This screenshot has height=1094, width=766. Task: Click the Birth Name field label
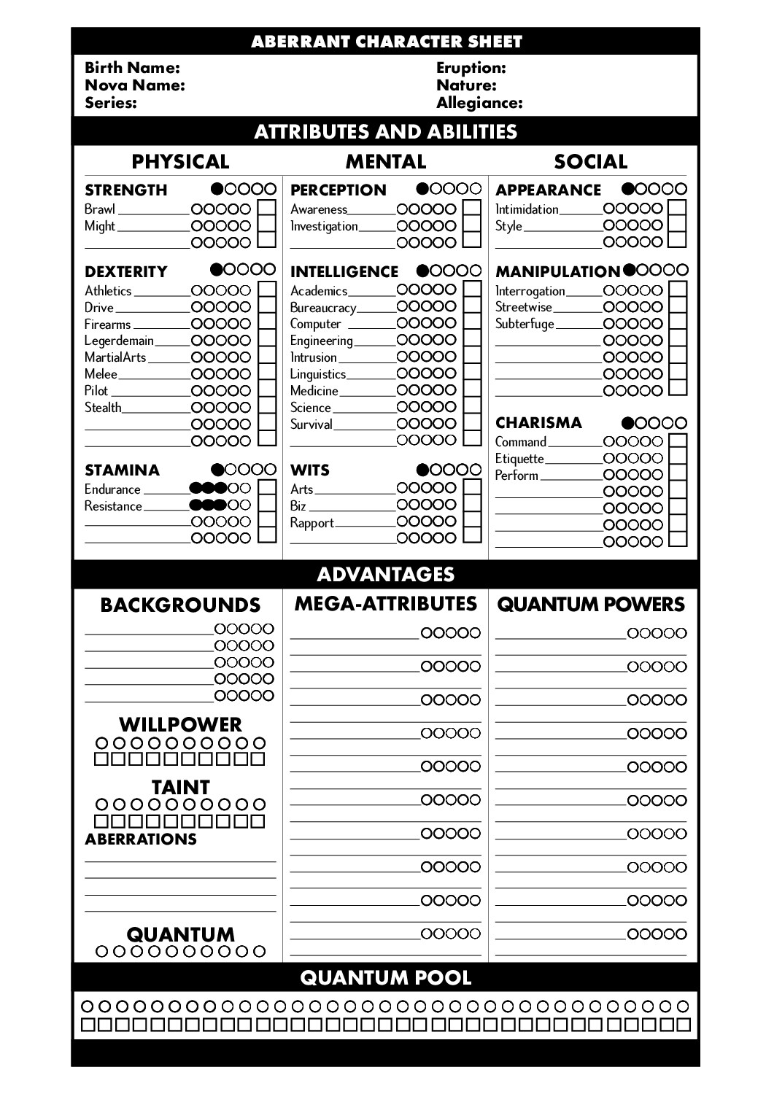pos(132,68)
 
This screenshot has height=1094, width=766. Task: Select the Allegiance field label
pos(479,103)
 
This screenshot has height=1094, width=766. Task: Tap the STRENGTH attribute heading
pos(126,190)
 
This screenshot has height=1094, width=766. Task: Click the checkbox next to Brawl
pos(267,209)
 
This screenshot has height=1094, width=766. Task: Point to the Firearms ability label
pos(107,325)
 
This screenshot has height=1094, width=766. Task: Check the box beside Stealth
pos(267,407)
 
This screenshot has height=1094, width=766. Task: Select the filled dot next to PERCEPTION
pos(423,189)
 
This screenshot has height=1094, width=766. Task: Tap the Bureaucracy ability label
pos(322,308)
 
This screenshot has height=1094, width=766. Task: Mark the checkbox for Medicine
pos(473,390)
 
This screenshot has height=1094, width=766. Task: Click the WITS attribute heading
pos(309,470)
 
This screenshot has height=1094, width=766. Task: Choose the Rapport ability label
pos(312,523)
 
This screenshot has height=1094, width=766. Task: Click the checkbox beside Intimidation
pos(678,209)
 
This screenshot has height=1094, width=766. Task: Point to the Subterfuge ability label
pos(525,324)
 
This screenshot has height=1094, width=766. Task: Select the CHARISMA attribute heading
pos(538,423)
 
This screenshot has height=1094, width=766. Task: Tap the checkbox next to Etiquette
pos(678,458)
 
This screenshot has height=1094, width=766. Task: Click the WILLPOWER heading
pos(180,724)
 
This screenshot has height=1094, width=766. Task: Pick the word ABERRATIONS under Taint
pos(141,839)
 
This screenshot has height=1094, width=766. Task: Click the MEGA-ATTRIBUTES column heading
pos(385,604)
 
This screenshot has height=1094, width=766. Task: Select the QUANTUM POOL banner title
pos(385,978)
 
